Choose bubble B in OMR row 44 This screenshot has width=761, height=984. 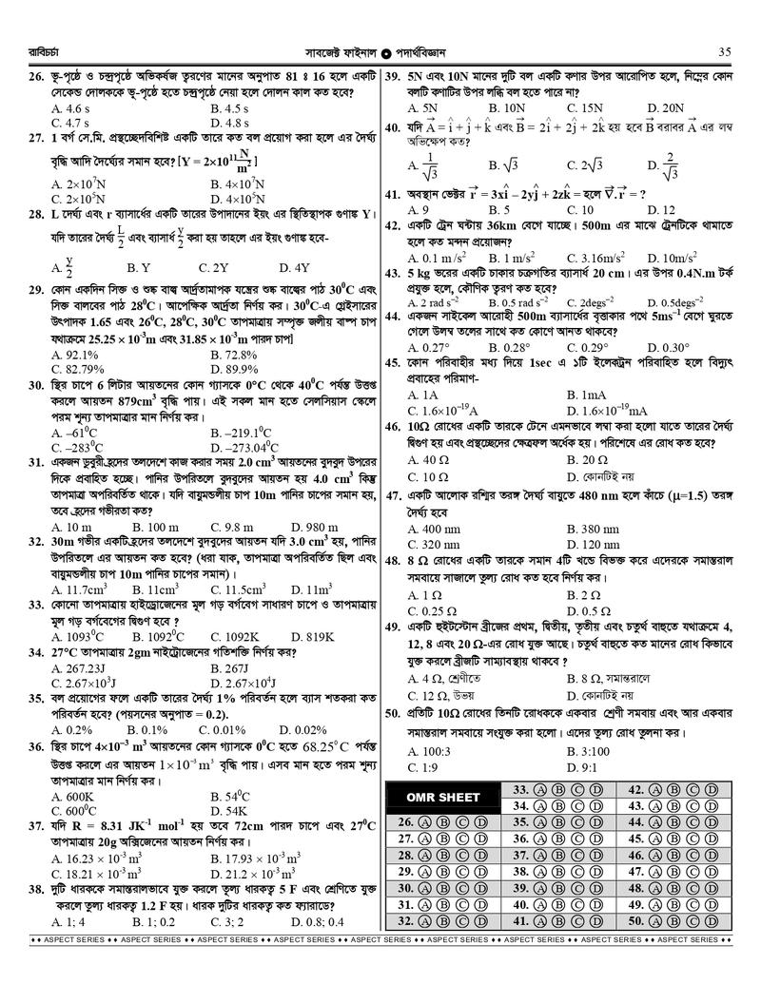(676, 821)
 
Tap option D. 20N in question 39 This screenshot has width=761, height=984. (666, 108)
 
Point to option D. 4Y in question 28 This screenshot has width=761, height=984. (295, 268)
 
